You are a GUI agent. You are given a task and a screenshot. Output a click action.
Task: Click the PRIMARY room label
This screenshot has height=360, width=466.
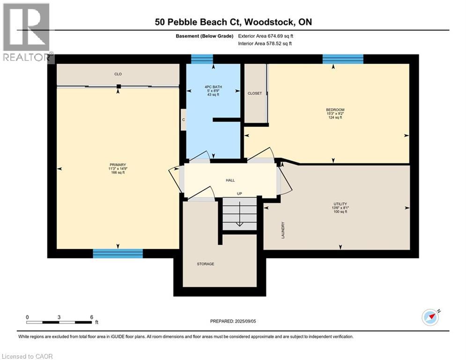(x=118, y=165)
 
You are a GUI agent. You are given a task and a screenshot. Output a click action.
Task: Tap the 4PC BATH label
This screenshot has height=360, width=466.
(x=213, y=87)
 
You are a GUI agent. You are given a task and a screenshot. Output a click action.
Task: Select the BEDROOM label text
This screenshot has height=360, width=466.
(x=335, y=110)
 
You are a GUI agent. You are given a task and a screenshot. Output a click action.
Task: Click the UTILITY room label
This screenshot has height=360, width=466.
(x=340, y=204)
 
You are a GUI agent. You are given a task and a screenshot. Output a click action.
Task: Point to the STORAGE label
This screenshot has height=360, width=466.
(x=205, y=264)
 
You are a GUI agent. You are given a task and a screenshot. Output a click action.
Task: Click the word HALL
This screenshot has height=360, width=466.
(x=230, y=180)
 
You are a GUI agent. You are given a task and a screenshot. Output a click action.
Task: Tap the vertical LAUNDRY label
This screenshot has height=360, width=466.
(x=283, y=230)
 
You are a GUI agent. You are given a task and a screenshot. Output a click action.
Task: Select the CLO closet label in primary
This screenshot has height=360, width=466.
(x=118, y=74)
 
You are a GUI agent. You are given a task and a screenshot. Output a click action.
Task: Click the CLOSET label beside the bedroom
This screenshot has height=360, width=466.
(x=255, y=93)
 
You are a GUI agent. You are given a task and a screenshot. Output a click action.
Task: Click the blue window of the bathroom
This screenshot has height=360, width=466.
(x=202, y=59)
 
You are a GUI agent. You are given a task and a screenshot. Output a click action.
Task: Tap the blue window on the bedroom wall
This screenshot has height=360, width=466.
(x=343, y=59)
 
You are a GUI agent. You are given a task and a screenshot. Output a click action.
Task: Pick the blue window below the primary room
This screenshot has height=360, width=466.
(x=118, y=254)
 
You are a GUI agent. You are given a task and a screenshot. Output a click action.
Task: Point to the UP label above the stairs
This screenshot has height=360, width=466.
(x=239, y=193)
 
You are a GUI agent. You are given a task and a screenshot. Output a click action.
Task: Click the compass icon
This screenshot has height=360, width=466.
(x=430, y=317)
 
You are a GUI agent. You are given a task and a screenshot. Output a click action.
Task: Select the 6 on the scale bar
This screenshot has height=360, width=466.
(x=91, y=317)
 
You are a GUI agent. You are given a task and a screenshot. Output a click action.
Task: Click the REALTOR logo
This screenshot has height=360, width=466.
(x=27, y=33)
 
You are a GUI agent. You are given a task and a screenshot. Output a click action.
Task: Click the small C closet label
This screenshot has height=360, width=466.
(x=184, y=120)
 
